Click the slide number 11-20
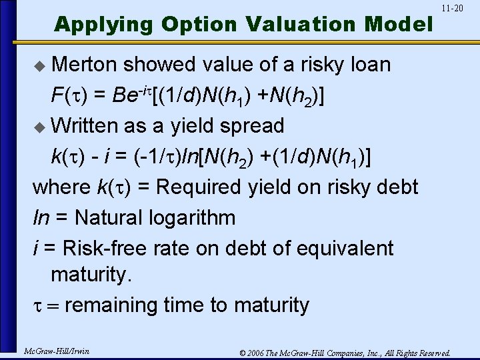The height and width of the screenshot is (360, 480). point(452,8)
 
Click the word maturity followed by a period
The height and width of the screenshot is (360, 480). point(98,275)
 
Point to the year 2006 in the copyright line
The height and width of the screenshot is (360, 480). point(253,352)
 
